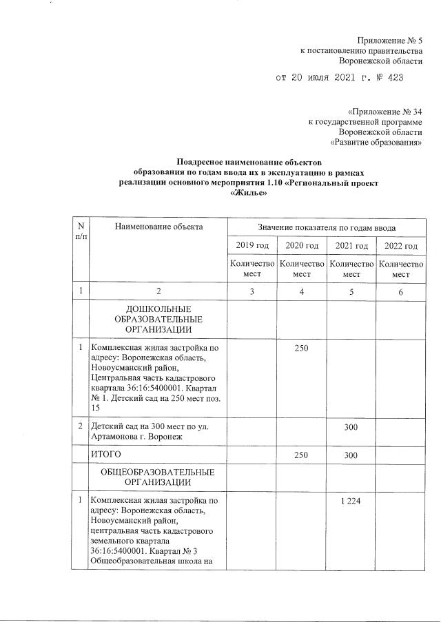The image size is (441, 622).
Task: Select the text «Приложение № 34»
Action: click(385, 110)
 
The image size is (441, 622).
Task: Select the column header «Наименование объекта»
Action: click(159, 227)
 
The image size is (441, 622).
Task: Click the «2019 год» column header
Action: click(252, 246)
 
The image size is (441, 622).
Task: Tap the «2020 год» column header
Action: click(301, 246)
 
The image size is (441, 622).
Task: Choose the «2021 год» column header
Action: click(351, 246)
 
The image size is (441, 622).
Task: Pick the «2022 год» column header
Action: click(401, 246)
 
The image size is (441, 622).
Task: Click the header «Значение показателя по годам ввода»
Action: click(326, 227)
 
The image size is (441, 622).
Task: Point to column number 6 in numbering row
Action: click(401, 292)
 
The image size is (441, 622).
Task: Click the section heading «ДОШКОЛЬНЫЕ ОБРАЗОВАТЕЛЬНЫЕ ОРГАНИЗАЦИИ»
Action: click(158, 319)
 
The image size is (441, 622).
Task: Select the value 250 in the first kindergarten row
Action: click(301, 349)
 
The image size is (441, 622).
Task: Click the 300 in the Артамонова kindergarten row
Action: click(351, 427)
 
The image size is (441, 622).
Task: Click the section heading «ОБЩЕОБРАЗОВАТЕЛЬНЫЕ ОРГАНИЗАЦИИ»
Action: click(158, 477)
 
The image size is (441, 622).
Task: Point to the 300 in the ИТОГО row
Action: click(351, 455)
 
